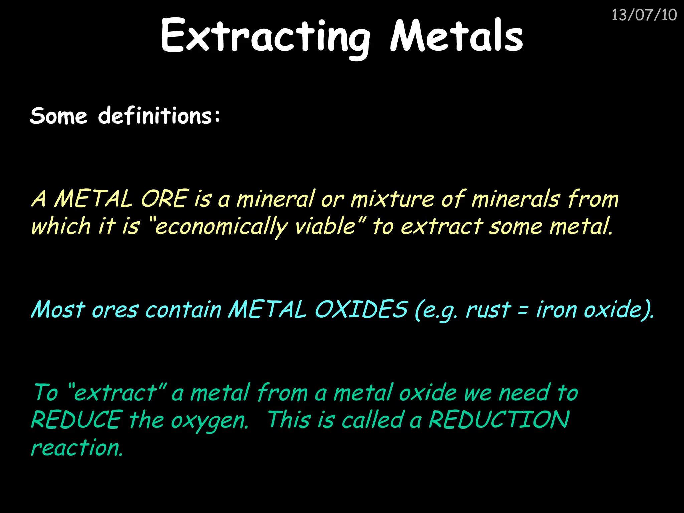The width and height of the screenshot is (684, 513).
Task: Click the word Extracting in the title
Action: click(266, 36)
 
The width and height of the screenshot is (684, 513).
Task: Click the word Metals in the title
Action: click(456, 36)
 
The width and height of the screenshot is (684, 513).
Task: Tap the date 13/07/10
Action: click(644, 15)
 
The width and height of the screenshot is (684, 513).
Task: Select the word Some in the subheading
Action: click(58, 116)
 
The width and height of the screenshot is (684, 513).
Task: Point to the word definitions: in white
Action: click(159, 116)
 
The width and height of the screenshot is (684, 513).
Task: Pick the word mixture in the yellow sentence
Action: click(392, 199)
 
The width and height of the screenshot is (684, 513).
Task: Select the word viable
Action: click(326, 226)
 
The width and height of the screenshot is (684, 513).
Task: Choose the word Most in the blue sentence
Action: click(58, 309)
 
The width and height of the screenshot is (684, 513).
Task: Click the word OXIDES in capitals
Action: click(361, 309)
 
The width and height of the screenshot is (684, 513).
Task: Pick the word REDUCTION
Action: click(499, 420)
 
